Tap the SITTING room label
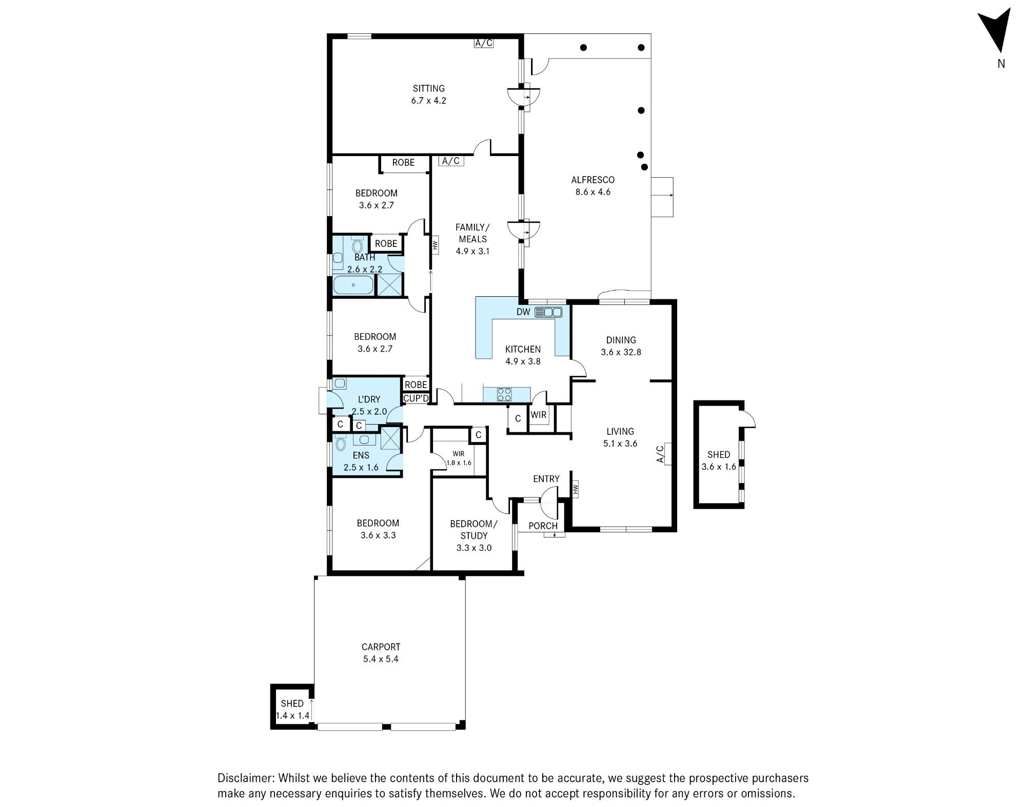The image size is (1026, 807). [429, 88]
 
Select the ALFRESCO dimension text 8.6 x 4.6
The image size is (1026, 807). [593, 192]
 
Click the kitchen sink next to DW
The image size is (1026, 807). [548, 312]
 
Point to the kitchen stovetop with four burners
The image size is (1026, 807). [504, 394]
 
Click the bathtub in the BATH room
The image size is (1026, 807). [353, 285]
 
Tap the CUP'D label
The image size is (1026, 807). [416, 398]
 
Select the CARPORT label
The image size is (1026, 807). [381, 647]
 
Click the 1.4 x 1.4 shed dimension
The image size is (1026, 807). [293, 716]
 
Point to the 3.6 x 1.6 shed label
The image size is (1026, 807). [719, 467]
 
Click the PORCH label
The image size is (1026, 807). [543, 526]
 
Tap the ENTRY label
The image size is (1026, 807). [546, 479]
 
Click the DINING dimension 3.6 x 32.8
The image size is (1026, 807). [621, 352]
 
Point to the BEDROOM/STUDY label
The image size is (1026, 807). [473, 530]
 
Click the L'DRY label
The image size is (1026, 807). [369, 399]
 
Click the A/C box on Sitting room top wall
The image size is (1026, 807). [483, 43]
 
